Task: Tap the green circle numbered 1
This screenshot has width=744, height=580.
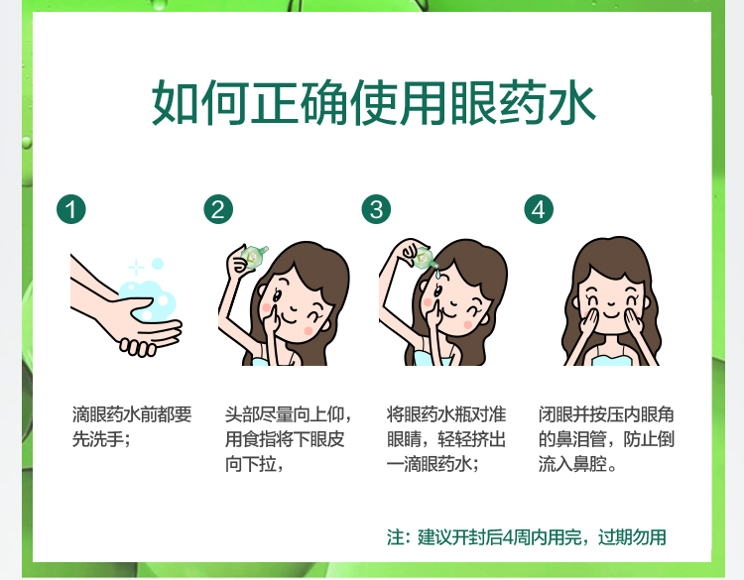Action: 70,209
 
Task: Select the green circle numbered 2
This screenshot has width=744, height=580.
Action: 218,209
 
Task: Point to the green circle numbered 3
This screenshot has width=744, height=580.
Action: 375,209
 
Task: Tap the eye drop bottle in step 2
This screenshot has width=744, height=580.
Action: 253,258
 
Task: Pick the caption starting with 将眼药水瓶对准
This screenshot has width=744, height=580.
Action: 445,438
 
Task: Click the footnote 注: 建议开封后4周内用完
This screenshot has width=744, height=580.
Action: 526,537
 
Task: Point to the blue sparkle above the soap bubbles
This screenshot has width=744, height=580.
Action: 136,267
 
